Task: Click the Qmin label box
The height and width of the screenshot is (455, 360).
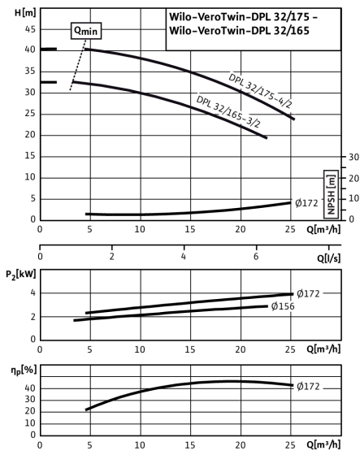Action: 86,31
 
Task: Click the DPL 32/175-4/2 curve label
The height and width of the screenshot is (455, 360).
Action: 260,90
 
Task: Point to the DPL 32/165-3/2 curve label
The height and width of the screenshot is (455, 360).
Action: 228,111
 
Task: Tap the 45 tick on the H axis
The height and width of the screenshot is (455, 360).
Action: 30,29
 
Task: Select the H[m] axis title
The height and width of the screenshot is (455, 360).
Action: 25,13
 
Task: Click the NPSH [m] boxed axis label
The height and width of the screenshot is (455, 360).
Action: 332,194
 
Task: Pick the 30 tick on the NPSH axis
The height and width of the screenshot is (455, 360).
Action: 353,157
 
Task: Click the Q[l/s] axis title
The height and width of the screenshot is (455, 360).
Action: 328,258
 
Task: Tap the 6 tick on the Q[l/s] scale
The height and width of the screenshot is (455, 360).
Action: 256,257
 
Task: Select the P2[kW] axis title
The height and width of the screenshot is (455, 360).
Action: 21,275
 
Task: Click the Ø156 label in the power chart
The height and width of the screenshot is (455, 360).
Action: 283,306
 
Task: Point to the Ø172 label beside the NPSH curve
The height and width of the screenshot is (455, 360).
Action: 306,203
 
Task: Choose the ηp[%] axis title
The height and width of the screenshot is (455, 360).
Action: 24,370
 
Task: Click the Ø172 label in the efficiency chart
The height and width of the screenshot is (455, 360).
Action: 308,386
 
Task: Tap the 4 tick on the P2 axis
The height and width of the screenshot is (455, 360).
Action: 33,292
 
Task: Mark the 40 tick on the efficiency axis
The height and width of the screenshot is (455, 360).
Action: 30,388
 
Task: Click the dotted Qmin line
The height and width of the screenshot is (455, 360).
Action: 78,65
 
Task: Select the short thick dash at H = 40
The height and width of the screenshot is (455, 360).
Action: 49,49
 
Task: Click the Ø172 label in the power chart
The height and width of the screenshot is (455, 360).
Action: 308,293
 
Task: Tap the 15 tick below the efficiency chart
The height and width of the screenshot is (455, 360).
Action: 190,445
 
